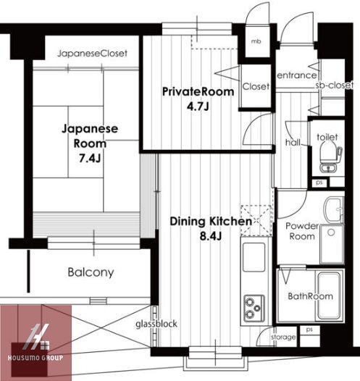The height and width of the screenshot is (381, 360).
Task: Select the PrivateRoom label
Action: tap(198, 92)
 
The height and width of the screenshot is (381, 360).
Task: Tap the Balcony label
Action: tap(91, 273)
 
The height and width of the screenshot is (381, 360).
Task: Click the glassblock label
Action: tap(156, 324)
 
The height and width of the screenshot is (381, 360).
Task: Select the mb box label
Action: tap(256, 41)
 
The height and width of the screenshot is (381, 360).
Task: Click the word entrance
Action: tap(296, 75)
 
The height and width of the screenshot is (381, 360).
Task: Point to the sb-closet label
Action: tap(333, 85)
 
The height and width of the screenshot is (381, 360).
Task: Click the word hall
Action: tap(293, 143)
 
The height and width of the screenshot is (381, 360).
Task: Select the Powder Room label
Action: tap(301, 231)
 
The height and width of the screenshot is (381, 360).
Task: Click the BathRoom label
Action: tap(310, 296)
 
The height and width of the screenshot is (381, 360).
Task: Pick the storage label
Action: tap(283, 338)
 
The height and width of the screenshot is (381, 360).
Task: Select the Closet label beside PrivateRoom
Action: tap(256, 86)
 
